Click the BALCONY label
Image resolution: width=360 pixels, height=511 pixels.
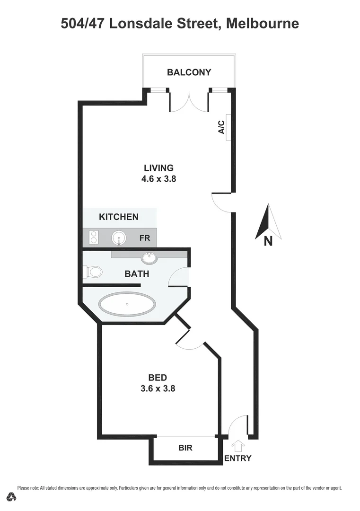(189, 72)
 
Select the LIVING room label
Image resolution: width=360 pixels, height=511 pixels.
(159, 167)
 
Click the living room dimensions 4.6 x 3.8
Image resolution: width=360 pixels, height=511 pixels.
(159, 179)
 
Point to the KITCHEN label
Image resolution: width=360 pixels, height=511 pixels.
(119, 217)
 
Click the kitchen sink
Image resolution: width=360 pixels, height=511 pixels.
(119, 238)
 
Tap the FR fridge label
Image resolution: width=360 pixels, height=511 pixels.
(145, 238)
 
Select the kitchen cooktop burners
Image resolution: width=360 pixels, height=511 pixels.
(94, 237)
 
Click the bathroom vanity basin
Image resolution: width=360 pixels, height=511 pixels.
(150, 258)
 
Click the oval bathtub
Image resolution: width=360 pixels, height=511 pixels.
(127, 304)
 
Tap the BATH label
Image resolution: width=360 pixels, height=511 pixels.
(137, 273)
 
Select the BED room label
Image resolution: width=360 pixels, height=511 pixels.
(158, 377)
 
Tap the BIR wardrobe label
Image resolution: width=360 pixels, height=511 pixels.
(185, 448)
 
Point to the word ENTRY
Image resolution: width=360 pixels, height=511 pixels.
(237, 458)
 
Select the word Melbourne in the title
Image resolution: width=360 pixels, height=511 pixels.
(263, 23)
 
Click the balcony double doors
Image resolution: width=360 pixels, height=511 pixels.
(189, 101)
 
